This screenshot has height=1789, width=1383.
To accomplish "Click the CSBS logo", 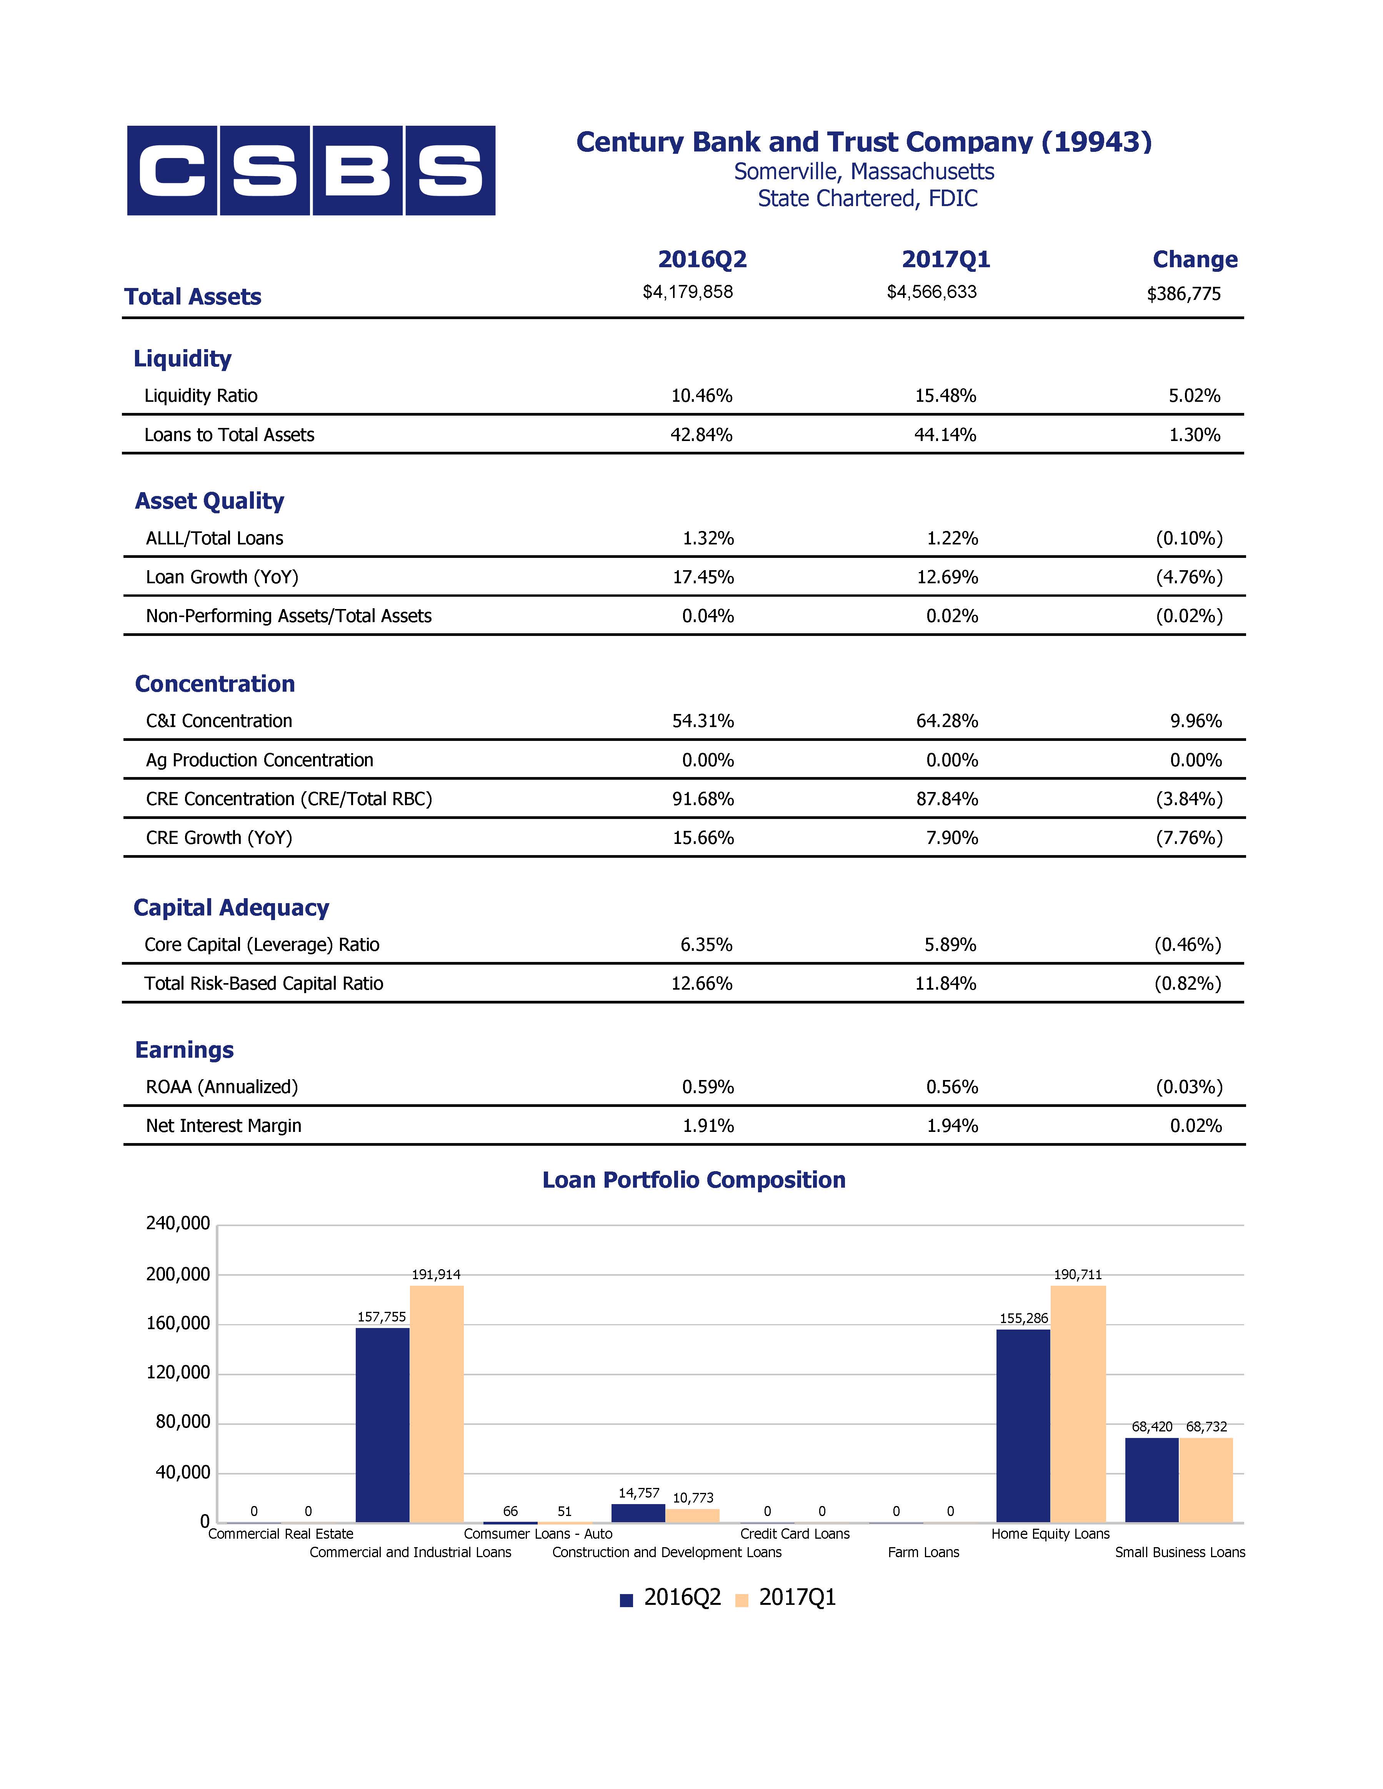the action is [x=312, y=170].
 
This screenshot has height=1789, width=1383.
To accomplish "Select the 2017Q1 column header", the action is [x=946, y=260].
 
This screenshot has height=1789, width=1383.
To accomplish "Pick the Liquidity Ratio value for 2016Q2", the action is [x=702, y=396].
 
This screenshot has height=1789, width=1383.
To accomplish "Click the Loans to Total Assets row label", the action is [x=229, y=435].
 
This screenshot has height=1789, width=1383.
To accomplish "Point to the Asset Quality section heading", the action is [x=210, y=501].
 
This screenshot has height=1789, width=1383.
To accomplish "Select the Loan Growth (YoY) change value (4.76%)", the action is [x=1190, y=577].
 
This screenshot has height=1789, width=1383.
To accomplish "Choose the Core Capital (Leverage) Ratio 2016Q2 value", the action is [x=706, y=944].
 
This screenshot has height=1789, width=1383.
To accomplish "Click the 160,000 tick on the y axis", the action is [x=178, y=1324].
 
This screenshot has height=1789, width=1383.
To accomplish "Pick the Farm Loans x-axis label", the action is [x=923, y=1552].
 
